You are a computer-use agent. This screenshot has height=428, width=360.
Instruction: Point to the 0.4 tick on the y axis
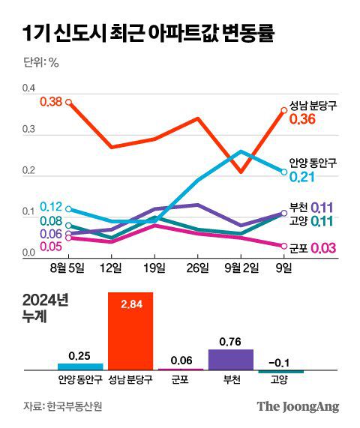(28, 89)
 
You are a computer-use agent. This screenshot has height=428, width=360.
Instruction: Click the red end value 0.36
(304, 120)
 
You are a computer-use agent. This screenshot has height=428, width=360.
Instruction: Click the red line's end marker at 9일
(284, 111)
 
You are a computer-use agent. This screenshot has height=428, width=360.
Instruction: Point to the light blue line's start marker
(68, 209)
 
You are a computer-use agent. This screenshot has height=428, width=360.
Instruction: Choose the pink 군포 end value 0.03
(323, 248)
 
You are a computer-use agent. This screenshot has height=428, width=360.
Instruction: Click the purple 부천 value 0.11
(322, 207)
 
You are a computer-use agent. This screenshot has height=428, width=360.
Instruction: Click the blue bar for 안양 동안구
(79, 367)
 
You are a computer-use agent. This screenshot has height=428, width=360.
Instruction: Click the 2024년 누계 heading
(46, 307)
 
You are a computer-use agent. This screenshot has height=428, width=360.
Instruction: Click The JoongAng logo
(298, 407)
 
